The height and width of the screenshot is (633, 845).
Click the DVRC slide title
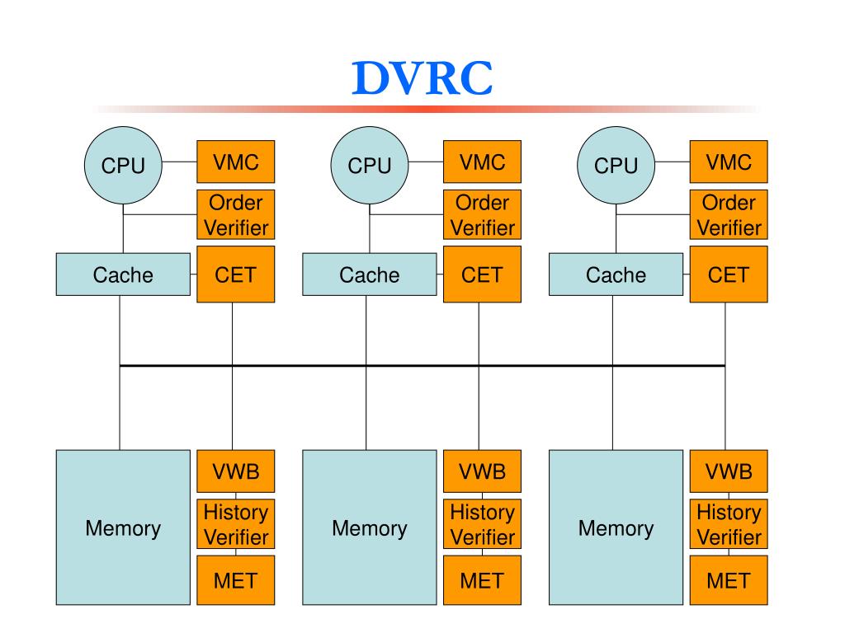pos(422,78)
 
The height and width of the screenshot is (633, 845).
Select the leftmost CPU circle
pos(123,165)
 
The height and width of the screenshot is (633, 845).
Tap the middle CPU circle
pos(370,165)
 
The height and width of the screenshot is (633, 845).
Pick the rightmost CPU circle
pos(616,165)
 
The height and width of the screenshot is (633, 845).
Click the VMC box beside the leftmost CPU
pos(235,162)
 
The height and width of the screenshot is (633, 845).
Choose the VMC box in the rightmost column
pos(729,162)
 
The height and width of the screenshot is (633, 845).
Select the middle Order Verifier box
pos(482,214)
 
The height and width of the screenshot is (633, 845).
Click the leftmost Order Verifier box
pos(235,214)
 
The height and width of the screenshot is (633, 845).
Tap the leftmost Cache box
pos(123,274)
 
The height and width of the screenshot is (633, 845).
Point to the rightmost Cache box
pos(616,274)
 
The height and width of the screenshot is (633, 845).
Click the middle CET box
pos(482,274)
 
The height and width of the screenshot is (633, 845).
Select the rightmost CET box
pos(729,274)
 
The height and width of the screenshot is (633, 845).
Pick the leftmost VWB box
pos(235,471)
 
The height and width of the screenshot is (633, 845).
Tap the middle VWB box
pos(482,471)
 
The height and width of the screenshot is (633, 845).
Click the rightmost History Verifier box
pos(729,524)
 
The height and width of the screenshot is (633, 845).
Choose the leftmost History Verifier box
pos(235,524)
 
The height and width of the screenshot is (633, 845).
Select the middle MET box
pos(482,580)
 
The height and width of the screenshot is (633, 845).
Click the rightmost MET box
pos(729,580)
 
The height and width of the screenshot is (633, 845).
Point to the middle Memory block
pos(370,527)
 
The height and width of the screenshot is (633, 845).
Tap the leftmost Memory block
pos(123,527)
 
